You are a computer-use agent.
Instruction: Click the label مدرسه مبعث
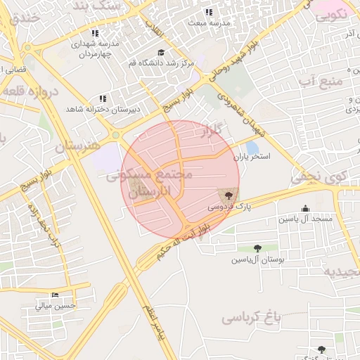pos(210,22)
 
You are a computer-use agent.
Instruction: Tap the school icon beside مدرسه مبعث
pos(209,12)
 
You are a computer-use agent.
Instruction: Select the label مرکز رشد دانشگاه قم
pos(161,63)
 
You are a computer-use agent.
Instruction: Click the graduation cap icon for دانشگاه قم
pos(161,53)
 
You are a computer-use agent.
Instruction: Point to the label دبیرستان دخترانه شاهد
pos(103,109)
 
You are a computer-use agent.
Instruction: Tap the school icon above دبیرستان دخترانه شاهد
pos(103,98)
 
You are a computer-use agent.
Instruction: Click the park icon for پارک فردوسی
pos(228,193)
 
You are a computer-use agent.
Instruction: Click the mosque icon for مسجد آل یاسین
pos(305,208)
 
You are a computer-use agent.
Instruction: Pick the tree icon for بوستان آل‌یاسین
pos(257,247)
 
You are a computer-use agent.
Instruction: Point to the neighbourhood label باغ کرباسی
pos(251,318)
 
